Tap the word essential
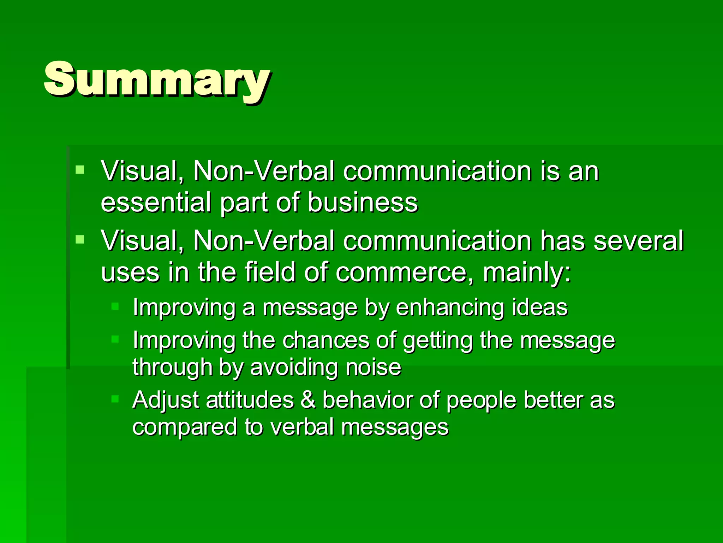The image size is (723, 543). point(156,202)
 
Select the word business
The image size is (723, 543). point(363,202)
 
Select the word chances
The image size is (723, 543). point(326,340)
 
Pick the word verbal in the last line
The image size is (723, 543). point(302,427)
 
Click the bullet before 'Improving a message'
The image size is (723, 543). point(115,306)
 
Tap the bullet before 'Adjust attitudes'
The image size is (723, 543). point(115,399)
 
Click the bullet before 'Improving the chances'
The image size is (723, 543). point(115,339)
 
